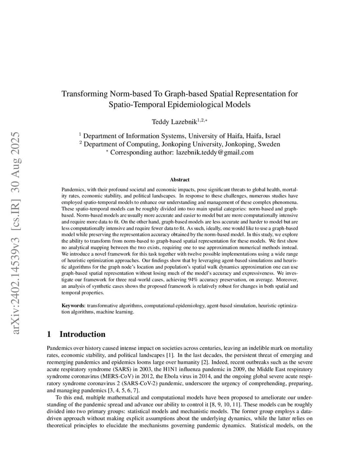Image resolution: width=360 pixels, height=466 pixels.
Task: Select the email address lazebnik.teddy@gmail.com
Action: (x=214, y=153)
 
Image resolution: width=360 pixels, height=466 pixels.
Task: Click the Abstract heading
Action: (x=180, y=180)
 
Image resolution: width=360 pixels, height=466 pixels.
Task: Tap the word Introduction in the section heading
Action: (x=82, y=334)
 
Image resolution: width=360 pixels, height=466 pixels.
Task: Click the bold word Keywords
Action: (x=72, y=306)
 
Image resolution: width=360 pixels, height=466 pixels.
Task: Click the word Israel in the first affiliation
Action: (x=272, y=136)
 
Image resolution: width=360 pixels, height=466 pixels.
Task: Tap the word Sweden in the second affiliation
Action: (x=270, y=144)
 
